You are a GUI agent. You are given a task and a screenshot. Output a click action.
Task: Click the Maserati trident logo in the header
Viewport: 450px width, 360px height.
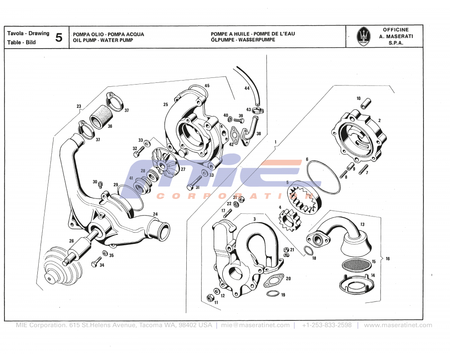click(364, 36)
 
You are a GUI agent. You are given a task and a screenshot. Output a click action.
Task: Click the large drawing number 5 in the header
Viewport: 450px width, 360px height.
click(58, 37)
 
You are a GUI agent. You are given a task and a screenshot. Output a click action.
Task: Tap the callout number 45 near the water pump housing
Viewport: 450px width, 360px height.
click(207, 85)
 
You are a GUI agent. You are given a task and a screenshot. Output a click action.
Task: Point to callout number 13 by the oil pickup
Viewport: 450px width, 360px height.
click(362, 224)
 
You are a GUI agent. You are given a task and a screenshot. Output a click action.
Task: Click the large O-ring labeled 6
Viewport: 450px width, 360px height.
click(323, 178)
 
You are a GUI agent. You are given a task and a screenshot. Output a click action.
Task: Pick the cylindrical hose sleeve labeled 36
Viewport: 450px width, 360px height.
click(99, 117)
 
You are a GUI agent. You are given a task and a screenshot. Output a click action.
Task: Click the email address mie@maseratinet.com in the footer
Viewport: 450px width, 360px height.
click(256, 325)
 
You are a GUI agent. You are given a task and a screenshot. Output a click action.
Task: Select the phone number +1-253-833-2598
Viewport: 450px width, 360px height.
click(327, 325)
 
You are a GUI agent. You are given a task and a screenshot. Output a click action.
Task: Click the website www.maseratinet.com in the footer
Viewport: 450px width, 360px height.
click(398, 325)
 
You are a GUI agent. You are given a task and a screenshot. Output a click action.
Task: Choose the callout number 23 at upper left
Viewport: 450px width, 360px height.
click(79, 107)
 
